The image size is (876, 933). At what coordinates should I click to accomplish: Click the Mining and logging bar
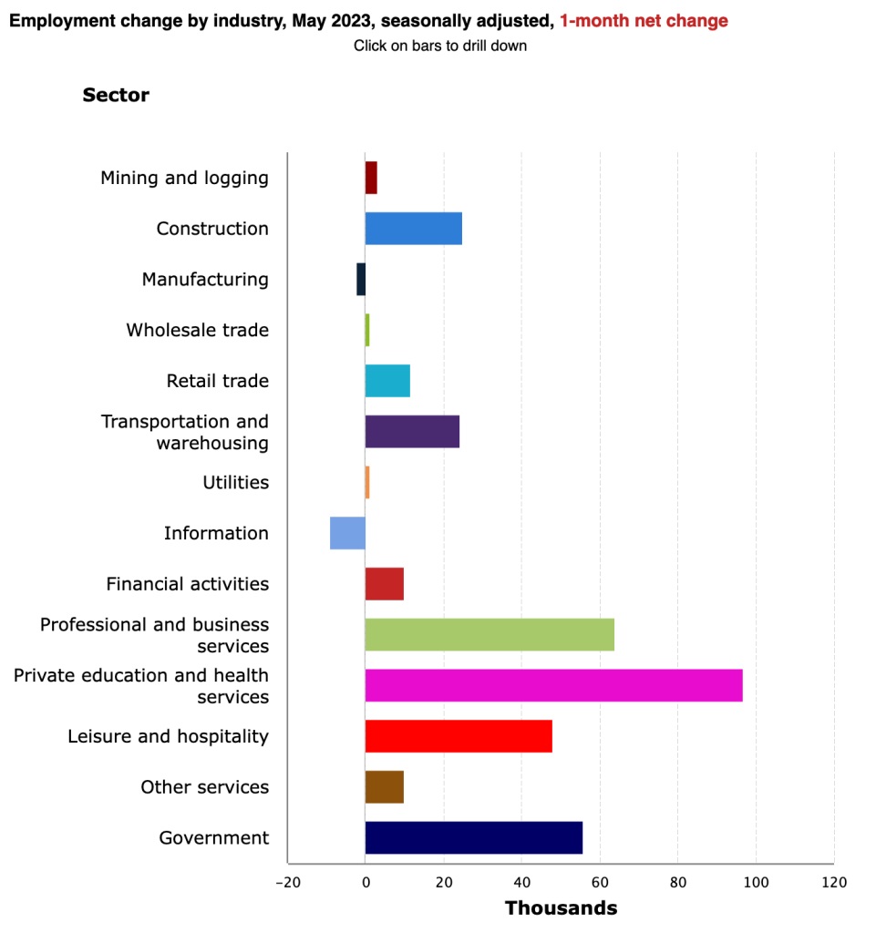(371, 178)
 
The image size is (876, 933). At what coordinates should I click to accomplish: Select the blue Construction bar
(413, 229)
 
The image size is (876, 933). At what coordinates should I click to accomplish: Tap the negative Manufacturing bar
(361, 280)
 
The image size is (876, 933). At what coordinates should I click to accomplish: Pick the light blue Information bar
(347, 533)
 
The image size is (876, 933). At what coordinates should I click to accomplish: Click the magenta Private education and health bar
(553, 685)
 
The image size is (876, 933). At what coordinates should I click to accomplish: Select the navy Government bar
(473, 838)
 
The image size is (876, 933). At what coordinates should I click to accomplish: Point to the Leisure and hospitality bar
(459, 736)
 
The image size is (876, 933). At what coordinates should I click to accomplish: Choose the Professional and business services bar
(490, 635)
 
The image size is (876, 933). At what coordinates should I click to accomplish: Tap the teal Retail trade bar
(387, 381)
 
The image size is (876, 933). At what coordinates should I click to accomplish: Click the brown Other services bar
(384, 787)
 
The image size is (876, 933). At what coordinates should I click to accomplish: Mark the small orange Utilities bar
(367, 483)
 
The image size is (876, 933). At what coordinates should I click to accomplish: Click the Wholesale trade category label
(197, 330)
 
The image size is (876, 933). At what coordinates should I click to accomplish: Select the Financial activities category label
(187, 584)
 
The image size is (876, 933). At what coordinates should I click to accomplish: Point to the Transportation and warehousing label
(185, 432)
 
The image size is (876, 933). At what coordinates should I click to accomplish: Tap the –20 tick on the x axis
(287, 883)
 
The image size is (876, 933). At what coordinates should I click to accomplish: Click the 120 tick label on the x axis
(833, 883)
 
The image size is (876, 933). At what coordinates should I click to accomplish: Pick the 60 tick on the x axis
(600, 883)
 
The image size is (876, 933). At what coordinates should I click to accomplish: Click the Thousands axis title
(561, 908)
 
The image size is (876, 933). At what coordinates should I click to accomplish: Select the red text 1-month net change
(644, 21)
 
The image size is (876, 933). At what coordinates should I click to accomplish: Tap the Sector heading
(116, 95)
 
